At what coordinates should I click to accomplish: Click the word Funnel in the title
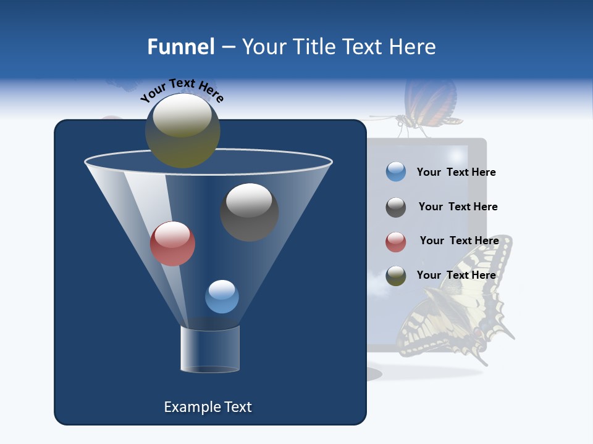coord(180,47)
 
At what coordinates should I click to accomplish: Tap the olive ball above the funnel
coord(182,130)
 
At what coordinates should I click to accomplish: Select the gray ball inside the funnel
coord(249,212)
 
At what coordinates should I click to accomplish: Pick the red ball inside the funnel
coord(172,244)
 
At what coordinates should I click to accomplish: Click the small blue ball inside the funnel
coord(222,297)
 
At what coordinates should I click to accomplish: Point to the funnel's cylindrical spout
coord(210,349)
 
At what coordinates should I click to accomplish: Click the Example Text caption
coord(208,407)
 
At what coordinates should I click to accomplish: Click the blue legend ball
coord(396,172)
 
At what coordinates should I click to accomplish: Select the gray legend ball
coord(396,207)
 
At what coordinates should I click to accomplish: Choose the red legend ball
coord(396,242)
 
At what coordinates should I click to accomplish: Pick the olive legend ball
coord(396,276)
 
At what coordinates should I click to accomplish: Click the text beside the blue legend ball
coord(456,172)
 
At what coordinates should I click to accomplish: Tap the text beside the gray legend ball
coord(458,207)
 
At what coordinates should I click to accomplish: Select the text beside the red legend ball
coord(459,240)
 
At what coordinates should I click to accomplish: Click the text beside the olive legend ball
coord(456,275)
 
